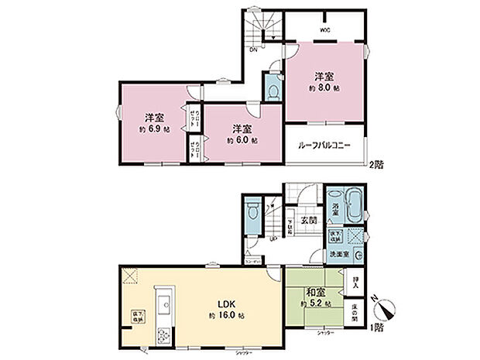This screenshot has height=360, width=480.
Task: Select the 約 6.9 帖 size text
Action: click(x=153, y=129)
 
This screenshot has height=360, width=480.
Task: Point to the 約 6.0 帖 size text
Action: click(x=242, y=141)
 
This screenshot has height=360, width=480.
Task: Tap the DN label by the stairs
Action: click(x=253, y=50)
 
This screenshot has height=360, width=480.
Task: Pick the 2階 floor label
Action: click(x=376, y=164)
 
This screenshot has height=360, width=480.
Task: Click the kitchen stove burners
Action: click(x=164, y=336)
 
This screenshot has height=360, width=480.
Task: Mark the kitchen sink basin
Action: click(x=164, y=305)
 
